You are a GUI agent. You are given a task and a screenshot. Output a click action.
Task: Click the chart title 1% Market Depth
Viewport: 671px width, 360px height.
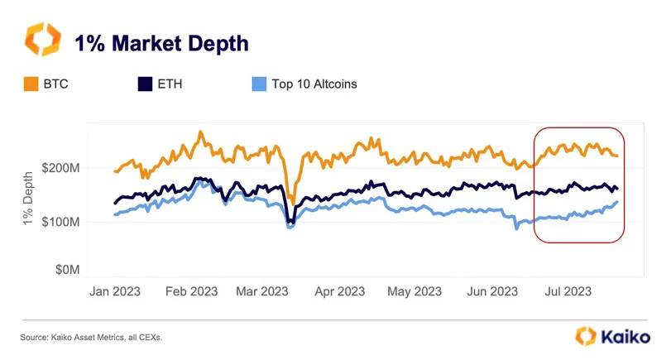tap(162, 43)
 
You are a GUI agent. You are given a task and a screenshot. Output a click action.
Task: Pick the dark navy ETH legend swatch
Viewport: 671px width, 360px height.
tap(145, 84)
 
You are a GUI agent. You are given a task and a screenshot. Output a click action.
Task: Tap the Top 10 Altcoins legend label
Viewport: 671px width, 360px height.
tap(313, 84)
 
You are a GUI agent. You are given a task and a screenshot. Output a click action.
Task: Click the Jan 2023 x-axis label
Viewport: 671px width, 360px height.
tap(115, 291)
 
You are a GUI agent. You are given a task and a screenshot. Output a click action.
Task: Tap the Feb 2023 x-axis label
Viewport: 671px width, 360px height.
tap(191, 291)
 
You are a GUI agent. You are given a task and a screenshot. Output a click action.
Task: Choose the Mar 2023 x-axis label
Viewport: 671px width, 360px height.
tap(261, 291)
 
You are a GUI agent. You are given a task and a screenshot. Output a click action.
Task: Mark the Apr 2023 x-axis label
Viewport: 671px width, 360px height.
tap(340, 291)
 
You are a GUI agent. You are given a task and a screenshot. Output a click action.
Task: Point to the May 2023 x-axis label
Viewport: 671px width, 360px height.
tap(415, 291)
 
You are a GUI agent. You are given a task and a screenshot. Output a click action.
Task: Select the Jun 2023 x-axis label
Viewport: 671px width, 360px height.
tap(493, 291)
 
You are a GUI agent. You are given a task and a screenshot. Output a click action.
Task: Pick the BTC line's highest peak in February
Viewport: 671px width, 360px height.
tap(200, 132)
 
